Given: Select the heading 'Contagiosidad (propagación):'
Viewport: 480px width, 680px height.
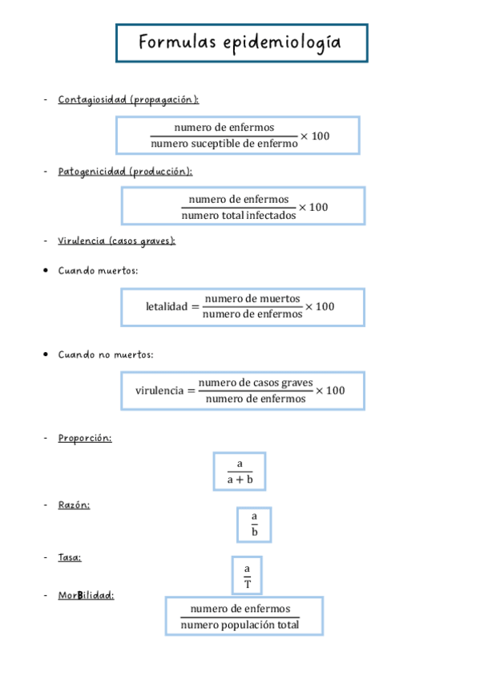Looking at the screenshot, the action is coord(128,99).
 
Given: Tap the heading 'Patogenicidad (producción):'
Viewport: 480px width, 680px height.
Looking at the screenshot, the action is coord(125,172).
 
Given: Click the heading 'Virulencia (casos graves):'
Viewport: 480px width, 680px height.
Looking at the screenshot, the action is coord(117,241).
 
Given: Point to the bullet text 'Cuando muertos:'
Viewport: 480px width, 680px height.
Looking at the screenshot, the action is coord(98,271).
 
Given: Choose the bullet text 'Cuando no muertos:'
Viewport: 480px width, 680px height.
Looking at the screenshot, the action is coord(106,354).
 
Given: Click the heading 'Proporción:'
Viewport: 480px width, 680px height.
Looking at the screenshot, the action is coord(85,438).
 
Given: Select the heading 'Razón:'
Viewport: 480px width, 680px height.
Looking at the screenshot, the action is coord(74,504).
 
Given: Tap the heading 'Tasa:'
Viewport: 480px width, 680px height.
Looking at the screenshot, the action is coord(70,557).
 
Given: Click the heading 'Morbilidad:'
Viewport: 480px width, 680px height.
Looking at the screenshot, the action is coord(86,595).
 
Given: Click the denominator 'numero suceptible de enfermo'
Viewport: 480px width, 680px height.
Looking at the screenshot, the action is coord(224,144).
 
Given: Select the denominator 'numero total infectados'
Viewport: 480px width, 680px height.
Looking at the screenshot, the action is coord(238,215).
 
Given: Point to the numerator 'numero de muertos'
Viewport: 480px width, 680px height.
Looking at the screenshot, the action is coord(252,298).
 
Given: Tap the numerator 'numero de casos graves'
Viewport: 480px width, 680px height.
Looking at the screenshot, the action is coord(256,382).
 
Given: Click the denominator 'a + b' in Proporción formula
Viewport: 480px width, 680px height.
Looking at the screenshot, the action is coord(240,480).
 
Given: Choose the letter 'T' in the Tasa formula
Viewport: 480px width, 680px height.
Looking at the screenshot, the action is coord(248,583).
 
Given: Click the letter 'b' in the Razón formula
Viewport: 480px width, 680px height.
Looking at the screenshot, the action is coord(254,532).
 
